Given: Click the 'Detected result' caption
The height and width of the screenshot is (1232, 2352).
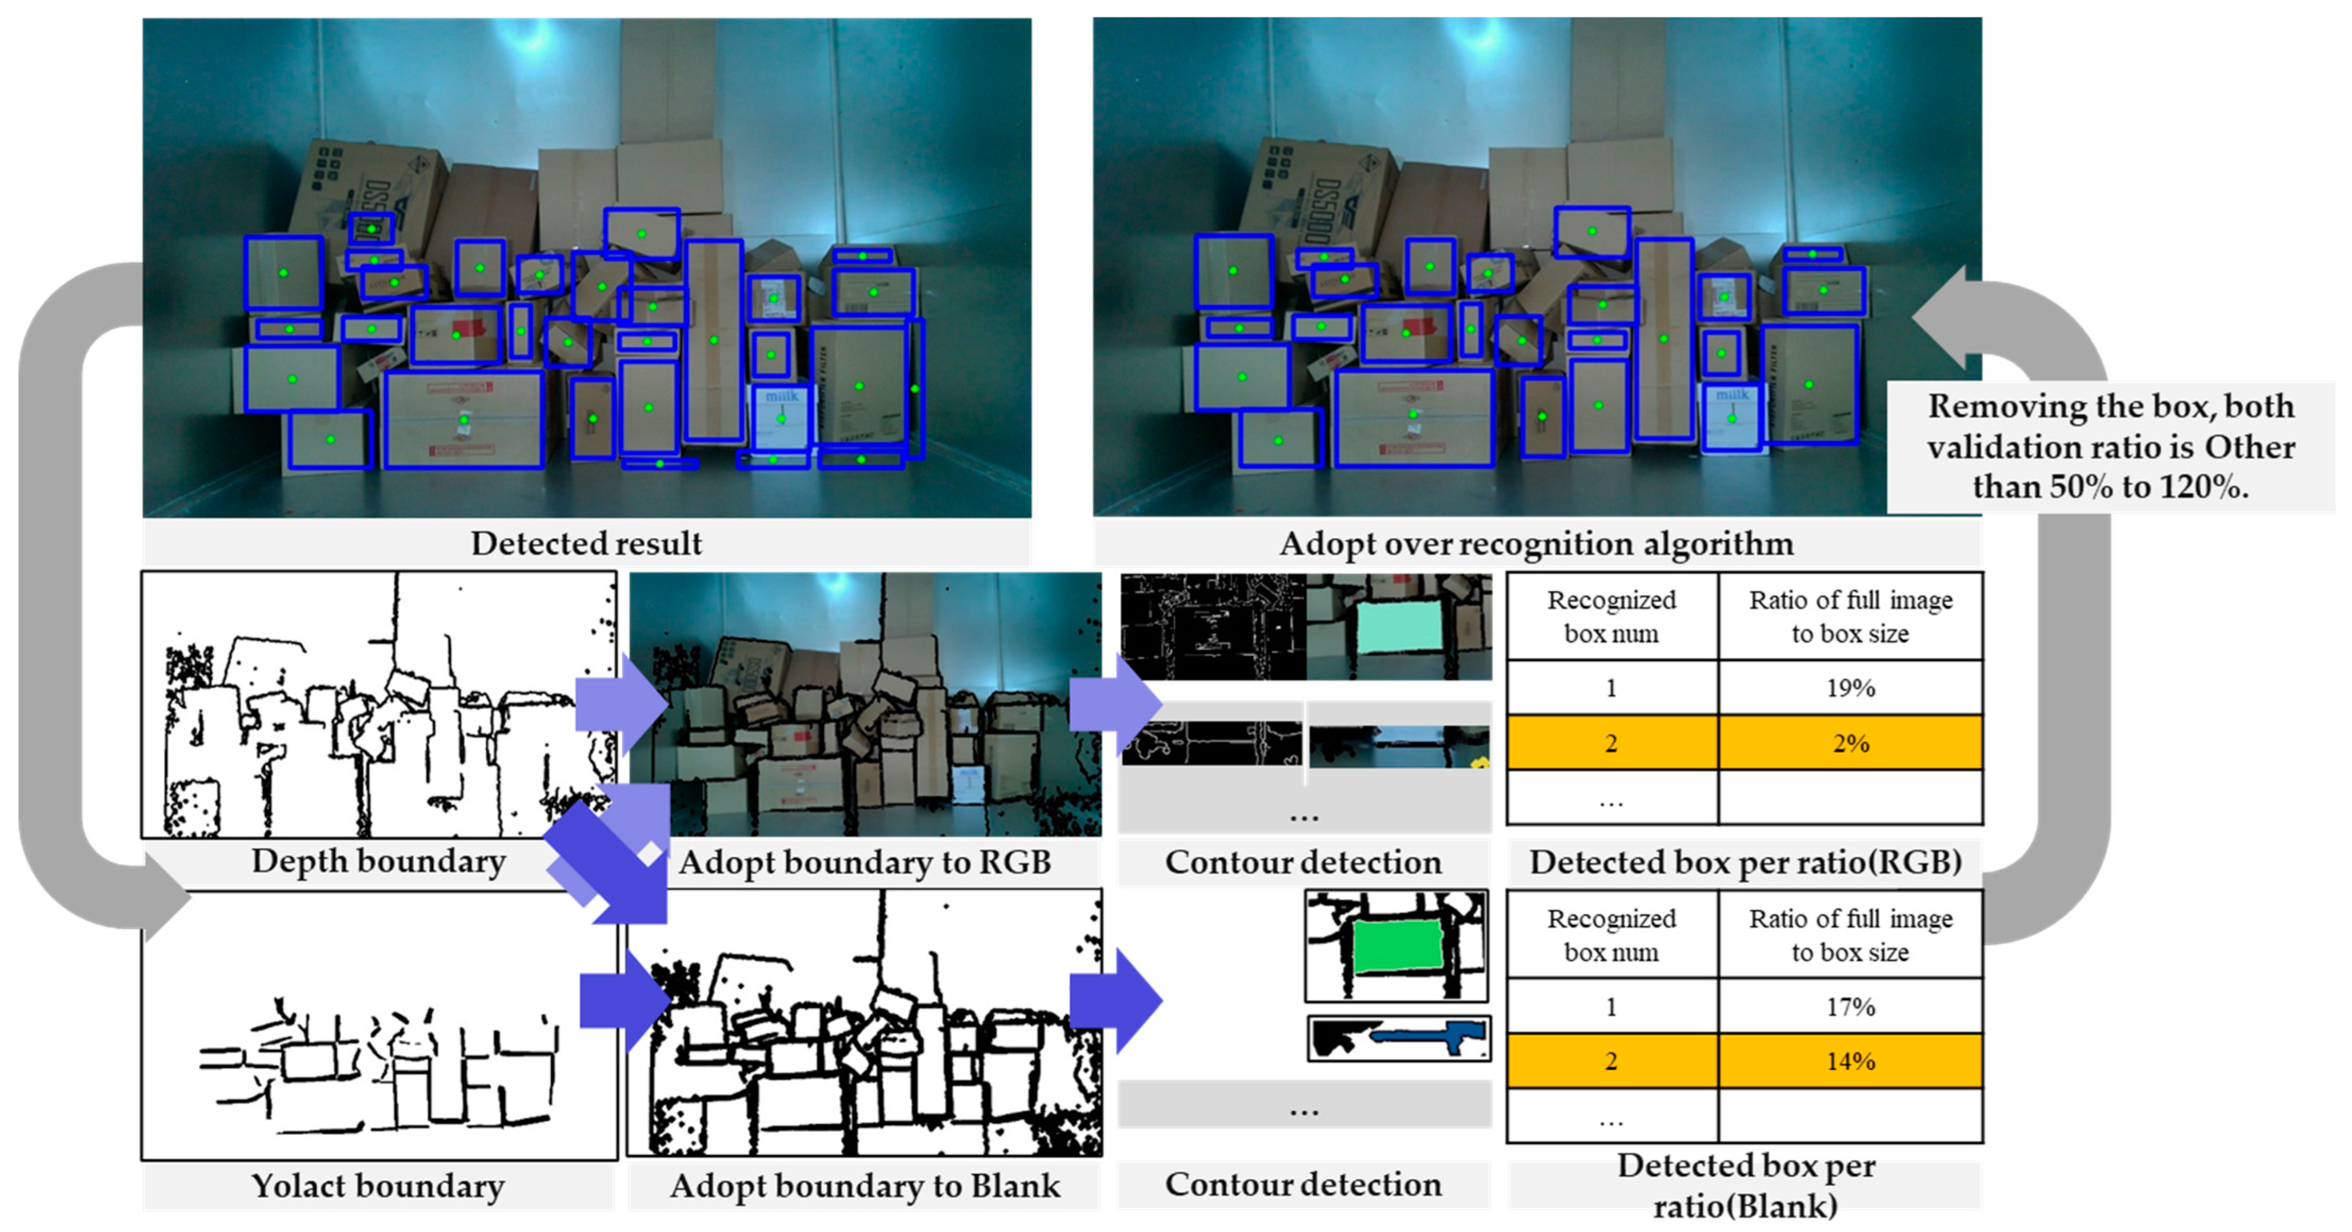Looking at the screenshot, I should pyautogui.click(x=586, y=544).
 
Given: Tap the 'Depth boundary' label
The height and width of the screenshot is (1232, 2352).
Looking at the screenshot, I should pyautogui.click(x=378, y=861).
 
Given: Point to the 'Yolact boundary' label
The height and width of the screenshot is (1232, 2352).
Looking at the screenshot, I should pyautogui.click(x=378, y=1185).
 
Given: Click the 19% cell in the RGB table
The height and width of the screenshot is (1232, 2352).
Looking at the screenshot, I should pyautogui.click(x=1850, y=688).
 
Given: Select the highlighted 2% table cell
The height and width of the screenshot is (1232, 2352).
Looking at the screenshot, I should pyautogui.click(x=1850, y=743).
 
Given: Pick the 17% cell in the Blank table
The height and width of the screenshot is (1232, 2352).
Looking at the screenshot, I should pyautogui.click(x=1850, y=1007).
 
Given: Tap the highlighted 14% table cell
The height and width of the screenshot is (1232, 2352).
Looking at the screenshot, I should pyautogui.click(x=1850, y=1061).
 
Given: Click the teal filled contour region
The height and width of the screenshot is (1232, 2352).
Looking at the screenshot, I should pyautogui.click(x=1399, y=625).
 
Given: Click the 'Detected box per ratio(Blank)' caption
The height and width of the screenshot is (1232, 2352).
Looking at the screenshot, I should pyautogui.click(x=1745, y=1185).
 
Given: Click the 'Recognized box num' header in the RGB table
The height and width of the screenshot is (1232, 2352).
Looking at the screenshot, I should pyautogui.click(x=1611, y=617).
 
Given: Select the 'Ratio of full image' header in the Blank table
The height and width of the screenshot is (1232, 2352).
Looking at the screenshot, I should pyautogui.click(x=1850, y=935).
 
